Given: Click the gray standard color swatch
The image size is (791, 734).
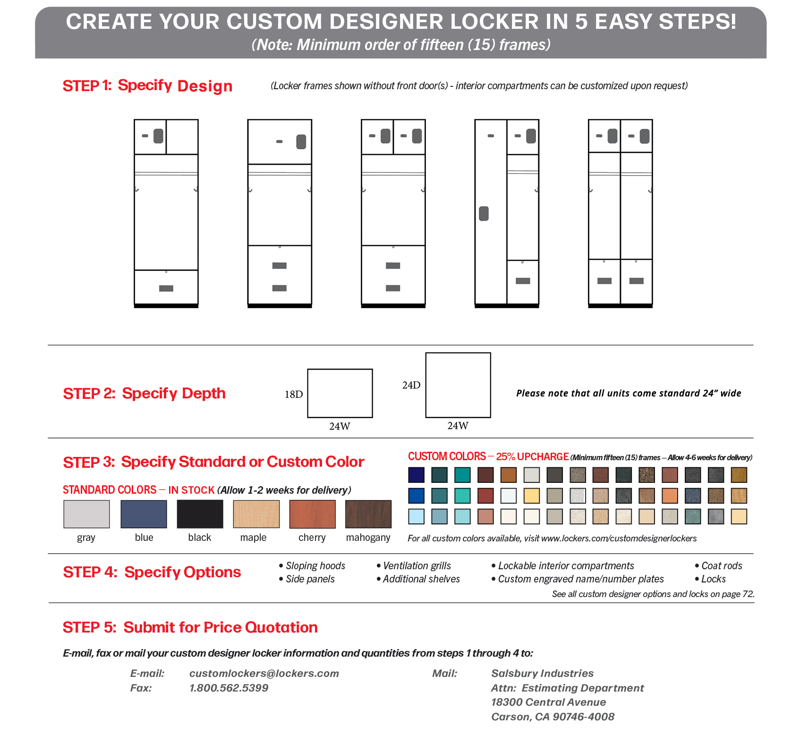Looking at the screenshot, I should click(x=86, y=514).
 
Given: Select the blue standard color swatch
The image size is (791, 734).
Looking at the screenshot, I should click(x=144, y=514).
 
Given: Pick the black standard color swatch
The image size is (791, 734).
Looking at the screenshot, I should click(x=200, y=514).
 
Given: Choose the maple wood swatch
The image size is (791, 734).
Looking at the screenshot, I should click(x=256, y=514).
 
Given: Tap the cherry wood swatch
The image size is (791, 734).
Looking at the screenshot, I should click(x=312, y=514).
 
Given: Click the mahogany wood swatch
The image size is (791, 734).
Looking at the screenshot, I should click(x=368, y=514).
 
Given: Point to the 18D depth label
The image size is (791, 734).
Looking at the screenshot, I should click(x=294, y=395).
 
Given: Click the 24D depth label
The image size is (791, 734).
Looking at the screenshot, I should click(x=411, y=385).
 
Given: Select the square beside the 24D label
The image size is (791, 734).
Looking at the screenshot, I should click(x=458, y=385).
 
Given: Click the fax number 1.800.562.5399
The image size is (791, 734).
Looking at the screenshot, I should click(x=229, y=688).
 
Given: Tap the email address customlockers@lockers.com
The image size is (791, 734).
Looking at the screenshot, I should click(x=264, y=674).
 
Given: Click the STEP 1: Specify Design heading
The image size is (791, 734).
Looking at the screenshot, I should click(x=147, y=86).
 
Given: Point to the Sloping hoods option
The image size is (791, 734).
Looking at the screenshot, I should click(x=315, y=565).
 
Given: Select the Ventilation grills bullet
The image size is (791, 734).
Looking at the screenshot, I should click(x=417, y=565).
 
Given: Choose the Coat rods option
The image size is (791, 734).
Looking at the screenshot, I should click(x=722, y=565).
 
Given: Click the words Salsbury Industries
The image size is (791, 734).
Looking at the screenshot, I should click(x=542, y=674).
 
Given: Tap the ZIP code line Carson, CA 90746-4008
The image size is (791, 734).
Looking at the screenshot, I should click(x=553, y=717).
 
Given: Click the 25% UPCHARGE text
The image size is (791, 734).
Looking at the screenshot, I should click(x=532, y=457).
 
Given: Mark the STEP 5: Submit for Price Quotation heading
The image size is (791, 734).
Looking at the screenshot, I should click(x=190, y=627).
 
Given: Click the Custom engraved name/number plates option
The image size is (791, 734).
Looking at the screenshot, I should click(x=581, y=579).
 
